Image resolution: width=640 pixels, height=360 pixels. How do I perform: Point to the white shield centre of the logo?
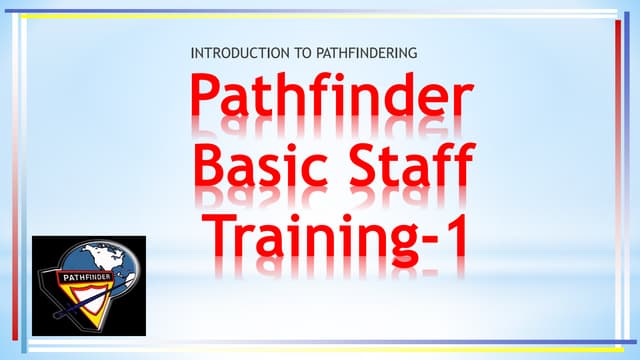90,300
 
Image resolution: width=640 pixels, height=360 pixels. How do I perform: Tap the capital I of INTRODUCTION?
191,52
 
